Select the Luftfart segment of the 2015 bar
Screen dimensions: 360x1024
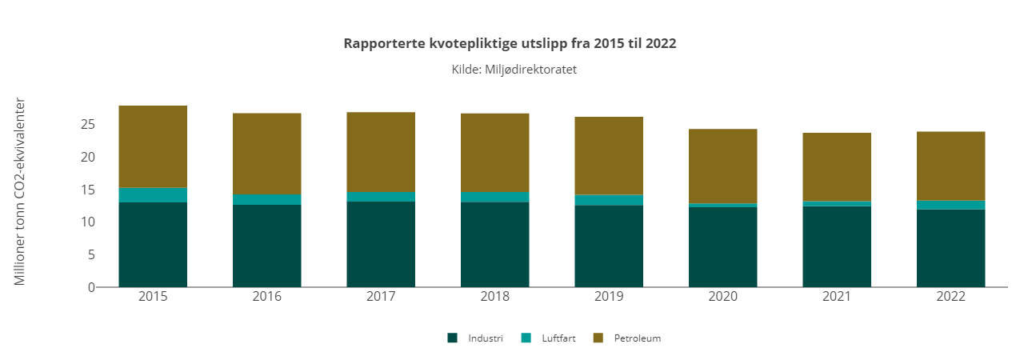tap(153, 195)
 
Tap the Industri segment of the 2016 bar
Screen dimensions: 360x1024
tap(266, 246)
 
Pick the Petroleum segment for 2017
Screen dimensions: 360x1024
tap(381, 152)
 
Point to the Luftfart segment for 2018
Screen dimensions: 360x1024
tap(494, 197)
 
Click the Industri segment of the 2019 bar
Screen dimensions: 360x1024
tap(609, 246)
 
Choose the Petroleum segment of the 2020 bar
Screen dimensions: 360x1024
tap(722, 166)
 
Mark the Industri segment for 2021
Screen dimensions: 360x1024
tap(837, 246)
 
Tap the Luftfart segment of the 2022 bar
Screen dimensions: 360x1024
tap(950, 205)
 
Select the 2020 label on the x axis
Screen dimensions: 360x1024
tap(722, 297)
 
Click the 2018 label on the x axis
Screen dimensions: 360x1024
tap(494, 297)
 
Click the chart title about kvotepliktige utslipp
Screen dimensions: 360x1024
tap(510, 43)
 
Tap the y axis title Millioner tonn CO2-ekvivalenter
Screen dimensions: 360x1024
tap(21, 192)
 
